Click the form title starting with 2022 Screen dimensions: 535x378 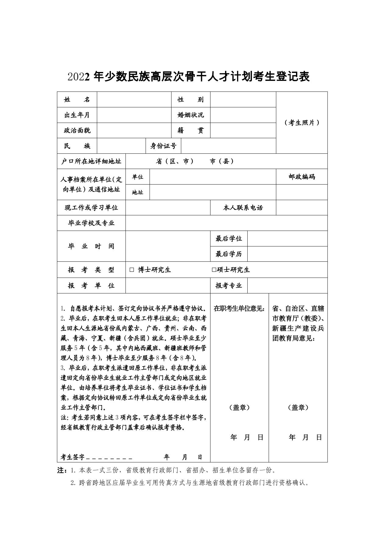pyautogui.click(x=189, y=77)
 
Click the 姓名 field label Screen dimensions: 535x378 pyautogui.click(x=77, y=99)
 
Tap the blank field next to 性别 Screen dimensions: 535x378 pyautogui.click(x=243, y=99)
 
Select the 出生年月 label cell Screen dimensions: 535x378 pyautogui.click(x=77, y=115)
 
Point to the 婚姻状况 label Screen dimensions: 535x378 pyautogui.click(x=191, y=115)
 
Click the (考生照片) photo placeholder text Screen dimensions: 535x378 pyautogui.click(x=302, y=123)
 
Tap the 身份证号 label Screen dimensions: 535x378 pyautogui.click(x=163, y=146)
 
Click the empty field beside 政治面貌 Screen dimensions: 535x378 pyautogui.click(x=134, y=131)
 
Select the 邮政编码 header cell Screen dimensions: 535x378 pyautogui.click(x=302, y=177)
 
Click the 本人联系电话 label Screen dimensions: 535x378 pyautogui.click(x=243, y=208)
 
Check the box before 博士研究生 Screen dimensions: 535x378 pyautogui.click(x=132, y=270)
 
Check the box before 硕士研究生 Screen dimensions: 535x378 pyautogui.click(x=214, y=270)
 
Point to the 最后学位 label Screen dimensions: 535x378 pyautogui.click(x=228, y=239)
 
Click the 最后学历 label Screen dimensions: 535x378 pyautogui.click(x=228, y=254)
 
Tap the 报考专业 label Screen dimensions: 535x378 pyautogui.click(x=228, y=285)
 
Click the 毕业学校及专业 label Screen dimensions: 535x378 pyautogui.click(x=91, y=223)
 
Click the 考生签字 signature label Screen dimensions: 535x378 pyautogui.click(x=72, y=457)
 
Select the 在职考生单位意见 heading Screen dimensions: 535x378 pyautogui.click(x=239, y=308)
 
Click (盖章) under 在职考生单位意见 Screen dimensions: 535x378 pyautogui.click(x=239, y=408)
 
